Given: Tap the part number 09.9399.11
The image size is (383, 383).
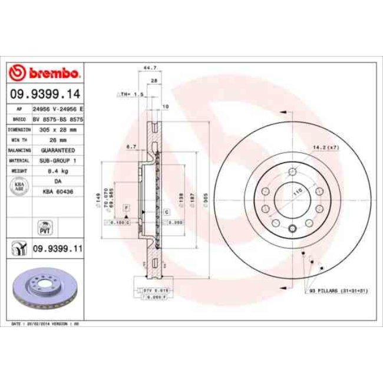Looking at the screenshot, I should (x=57, y=250).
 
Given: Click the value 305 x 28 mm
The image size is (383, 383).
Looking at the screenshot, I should (x=57, y=128).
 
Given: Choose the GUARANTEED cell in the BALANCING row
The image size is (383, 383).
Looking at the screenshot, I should (x=57, y=150).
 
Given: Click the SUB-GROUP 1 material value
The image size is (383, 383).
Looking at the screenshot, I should (x=57, y=160).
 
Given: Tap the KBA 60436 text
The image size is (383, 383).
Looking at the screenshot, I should (x=57, y=191).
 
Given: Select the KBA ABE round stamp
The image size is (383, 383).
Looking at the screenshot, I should (x=19, y=187).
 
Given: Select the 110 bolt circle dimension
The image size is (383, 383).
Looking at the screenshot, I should (x=298, y=192).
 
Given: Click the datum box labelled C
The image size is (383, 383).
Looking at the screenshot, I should (x=167, y=211).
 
